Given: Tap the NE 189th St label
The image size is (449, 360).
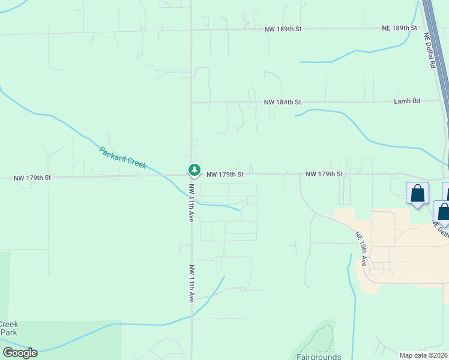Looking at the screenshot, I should (x=400, y=28).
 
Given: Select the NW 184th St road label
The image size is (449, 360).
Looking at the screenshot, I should (x=282, y=103).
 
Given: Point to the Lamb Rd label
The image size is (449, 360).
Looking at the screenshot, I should (x=407, y=102).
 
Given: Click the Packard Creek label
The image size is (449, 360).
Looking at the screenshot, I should (x=122, y=157).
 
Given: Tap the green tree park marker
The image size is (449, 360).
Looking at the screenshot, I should (x=194, y=170).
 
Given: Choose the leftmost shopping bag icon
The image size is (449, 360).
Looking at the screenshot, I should (x=417, y=194).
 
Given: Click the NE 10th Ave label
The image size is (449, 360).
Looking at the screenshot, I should (x=361, y=249).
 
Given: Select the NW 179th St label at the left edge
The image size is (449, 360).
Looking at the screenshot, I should (x=32, y=178).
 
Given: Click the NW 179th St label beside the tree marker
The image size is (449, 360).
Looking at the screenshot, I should (x=225, y=175).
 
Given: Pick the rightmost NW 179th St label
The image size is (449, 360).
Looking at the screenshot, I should (x=324, y=174).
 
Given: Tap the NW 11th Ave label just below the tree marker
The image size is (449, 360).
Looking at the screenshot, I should (x=191, y=203).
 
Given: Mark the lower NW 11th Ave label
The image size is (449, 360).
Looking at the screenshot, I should (x=191, y=283).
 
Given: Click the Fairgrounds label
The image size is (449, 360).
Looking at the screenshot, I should (x=319, y=356).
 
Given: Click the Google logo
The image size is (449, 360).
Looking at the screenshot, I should (x=19, y=353).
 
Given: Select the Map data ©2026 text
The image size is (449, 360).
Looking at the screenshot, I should (x=424, y=355).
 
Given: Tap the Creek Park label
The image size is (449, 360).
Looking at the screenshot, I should (x=9, y=328).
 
